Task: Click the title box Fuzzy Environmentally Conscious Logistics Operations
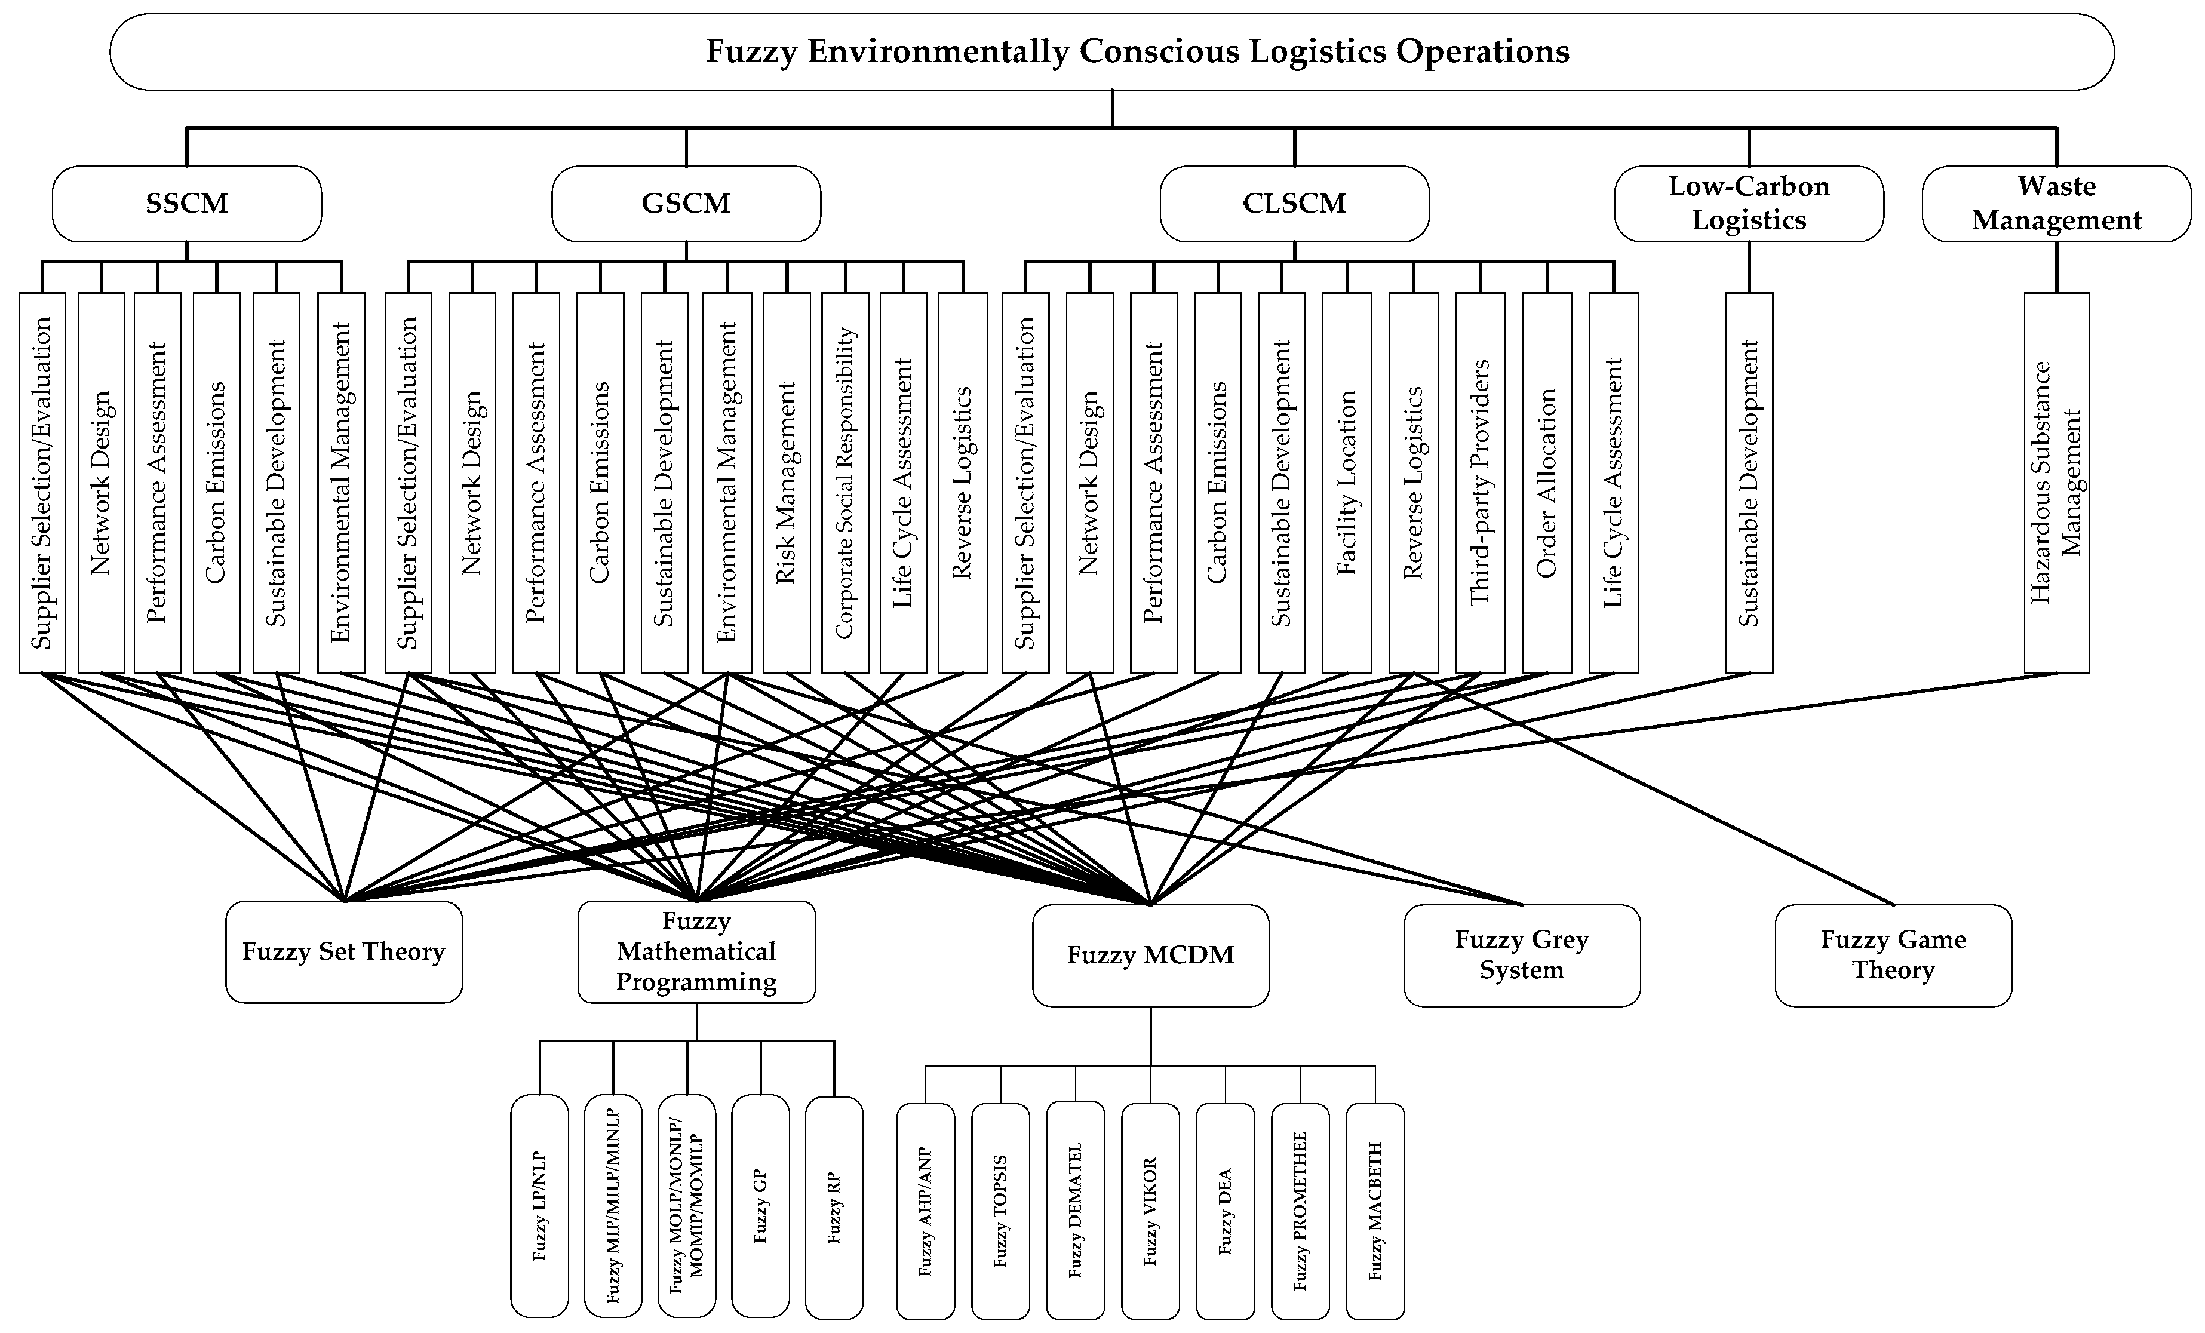(x=1111, y=52)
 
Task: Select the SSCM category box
(x=186, y=204)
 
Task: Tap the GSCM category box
(x=686, y=204)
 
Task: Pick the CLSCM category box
(x=1294, y=204)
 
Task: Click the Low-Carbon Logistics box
(x=1749, y=204)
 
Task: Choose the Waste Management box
(x=2056, y=204)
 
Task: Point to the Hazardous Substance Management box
(x=2056, y=483)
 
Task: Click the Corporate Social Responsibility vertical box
(x=844, y=483)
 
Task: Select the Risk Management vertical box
(x=787, y=483)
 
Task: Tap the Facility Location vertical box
(x=1347, y=483)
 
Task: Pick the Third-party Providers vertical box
(x=1480, y=483)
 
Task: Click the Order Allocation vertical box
(x=1546, y=483)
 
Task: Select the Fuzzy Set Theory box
(x=343, y=952)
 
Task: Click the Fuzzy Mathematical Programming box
(x=696, y=952)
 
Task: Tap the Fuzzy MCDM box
(x=1150, y=956)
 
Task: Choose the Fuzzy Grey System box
(x=1521, y=956)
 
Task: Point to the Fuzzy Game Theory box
(x=1893, y=956)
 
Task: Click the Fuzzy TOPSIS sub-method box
(x=1000, y=1211)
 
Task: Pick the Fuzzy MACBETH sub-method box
(x=1375, y=1211)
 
